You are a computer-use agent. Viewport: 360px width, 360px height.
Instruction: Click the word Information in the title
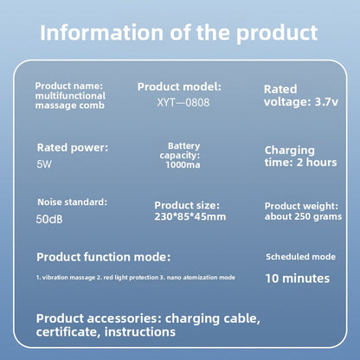point(102,32)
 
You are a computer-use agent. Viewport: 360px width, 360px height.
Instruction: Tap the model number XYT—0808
point(183,102)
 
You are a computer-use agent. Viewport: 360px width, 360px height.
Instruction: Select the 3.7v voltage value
point(326,102)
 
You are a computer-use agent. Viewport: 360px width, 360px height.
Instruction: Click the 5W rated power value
point(44,164)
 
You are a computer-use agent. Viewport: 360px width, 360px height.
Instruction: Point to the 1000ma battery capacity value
point(183,164)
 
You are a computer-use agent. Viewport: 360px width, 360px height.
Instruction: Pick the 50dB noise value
point(49,219)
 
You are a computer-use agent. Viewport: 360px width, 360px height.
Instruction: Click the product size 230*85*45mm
point(190,216)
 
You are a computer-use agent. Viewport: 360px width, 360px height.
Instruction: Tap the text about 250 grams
point(303,216)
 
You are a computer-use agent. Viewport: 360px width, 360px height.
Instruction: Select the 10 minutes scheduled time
point(298,279)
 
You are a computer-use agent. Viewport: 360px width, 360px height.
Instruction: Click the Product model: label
point(179,87)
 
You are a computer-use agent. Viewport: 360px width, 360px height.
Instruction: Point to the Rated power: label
point(73,148)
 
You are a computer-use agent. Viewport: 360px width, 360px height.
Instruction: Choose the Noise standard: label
point(72,202)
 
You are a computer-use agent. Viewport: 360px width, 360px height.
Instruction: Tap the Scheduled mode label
point(300,257)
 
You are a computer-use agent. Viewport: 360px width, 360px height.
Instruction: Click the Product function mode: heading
point(104,257)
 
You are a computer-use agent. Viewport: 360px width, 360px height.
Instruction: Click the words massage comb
point(70,106)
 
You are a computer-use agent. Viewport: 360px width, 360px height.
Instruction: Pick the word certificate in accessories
point(68,331)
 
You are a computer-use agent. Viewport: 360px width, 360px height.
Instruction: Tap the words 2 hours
point(317,162)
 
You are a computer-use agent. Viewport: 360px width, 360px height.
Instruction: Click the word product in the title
point(277,33)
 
